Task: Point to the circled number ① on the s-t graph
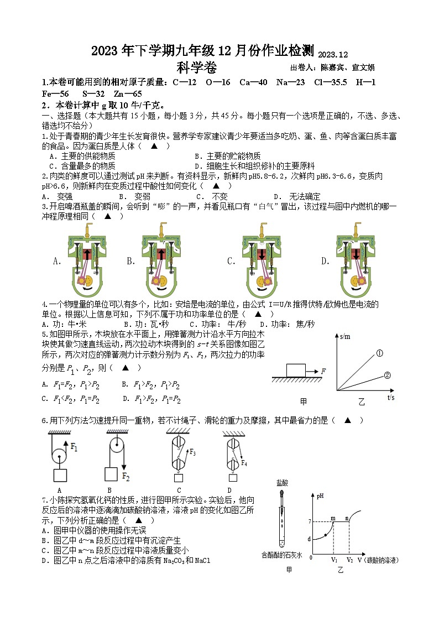tap(380, 353)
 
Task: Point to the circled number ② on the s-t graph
tap(387, 375)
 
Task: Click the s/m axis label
tap(347, 337)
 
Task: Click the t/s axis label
tap(391, 398)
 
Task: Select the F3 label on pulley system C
tap(193, 452)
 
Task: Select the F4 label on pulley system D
tap(244, 463)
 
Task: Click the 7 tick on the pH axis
tap(310, 521)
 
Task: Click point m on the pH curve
tap(333, 518)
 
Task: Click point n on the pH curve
tap(347, 518)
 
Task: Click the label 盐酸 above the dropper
tap(282, 483)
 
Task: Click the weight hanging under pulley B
tap(112, 475)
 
